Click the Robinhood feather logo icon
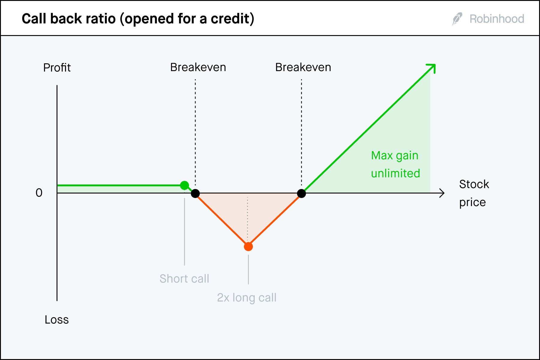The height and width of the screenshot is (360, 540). [457, 19]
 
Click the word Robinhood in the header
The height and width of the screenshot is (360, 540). [496, 19]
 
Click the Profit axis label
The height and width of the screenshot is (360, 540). [57, 67]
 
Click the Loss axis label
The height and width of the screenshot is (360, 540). [56, 319]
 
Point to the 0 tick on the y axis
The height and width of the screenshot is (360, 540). [39, 193]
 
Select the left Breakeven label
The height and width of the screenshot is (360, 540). [198, 67]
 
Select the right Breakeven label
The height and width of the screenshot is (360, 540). [303, 67]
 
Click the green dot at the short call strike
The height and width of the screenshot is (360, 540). [184, 185]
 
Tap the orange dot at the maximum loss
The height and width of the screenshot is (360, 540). [248, 247]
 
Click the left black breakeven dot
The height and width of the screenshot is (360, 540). [195, 193]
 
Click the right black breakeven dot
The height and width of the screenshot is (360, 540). [301, 193]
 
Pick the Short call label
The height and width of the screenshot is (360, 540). [184, 279]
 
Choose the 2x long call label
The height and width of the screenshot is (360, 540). [247, 298]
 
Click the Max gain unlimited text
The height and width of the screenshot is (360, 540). [395, 164]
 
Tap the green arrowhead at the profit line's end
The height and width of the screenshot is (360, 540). [432, 67]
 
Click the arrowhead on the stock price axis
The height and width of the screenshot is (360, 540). [442, 193]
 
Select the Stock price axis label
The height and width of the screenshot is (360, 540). [474, 193]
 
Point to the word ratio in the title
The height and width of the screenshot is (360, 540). [101, 19]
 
